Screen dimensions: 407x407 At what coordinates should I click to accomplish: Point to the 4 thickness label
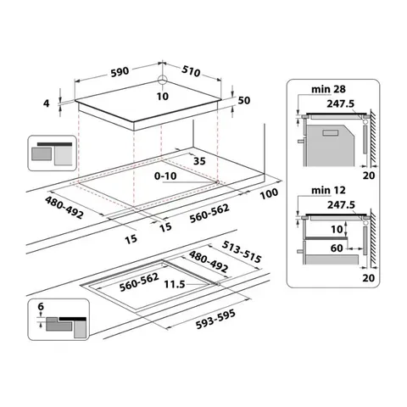click(x=47, y=103)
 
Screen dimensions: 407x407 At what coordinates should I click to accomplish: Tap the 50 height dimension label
click(x=245, y=101)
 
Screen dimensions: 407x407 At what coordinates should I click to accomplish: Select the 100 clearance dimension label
click(x=270, y=194)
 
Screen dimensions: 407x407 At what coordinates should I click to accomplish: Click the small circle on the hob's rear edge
click(x=161, y=82)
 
